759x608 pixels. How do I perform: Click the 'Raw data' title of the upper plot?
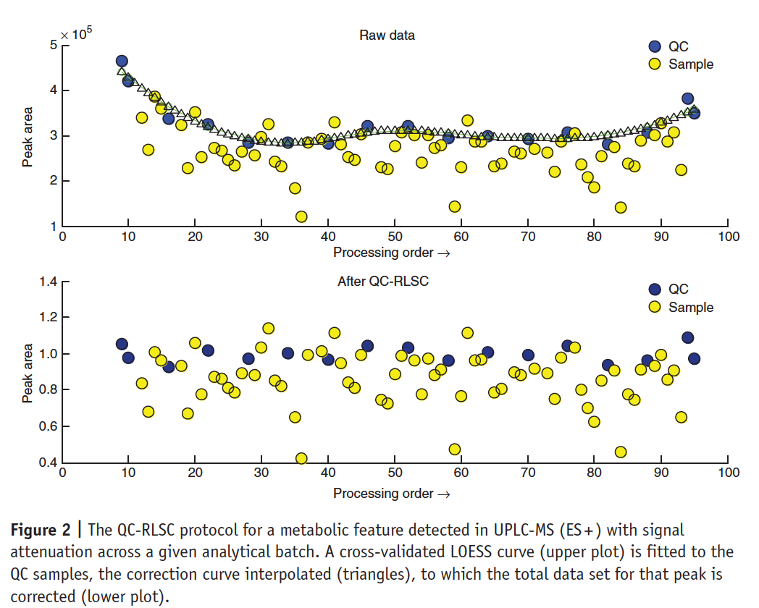point(387,35)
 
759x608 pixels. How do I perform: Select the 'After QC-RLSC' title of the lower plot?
point(383,281)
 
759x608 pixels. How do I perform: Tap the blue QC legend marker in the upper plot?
point(655,46)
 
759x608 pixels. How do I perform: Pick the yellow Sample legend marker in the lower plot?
point(655,307)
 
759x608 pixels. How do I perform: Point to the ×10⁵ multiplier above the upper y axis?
point(75,33)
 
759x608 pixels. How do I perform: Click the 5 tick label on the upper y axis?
point(52,45)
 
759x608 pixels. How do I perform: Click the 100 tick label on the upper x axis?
point(728,236)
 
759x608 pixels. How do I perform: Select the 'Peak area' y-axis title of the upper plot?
point(28,136)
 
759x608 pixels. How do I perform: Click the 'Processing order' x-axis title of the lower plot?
point(391,494)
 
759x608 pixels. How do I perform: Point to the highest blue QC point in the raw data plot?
point(122,61)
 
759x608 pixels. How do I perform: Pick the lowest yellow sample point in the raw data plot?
point(301,216)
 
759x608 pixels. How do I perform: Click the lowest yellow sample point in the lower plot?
point(301,458)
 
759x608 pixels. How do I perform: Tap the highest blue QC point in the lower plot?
point(687,337)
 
